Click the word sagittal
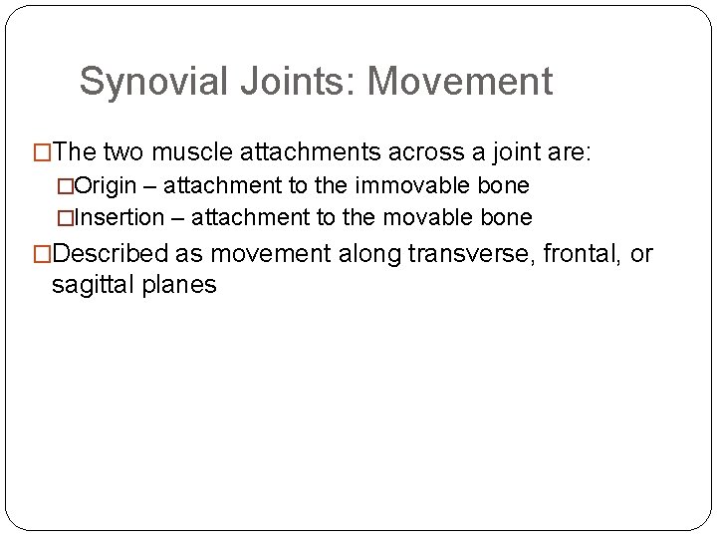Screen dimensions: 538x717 [x=92, y=284]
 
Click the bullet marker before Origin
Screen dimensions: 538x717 [x=66, y=186]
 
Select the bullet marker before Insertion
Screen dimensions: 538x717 [x=66, y=217]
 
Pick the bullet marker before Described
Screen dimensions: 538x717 [x=43, y=255]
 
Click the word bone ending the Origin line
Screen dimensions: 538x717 [x=507, y=186]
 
